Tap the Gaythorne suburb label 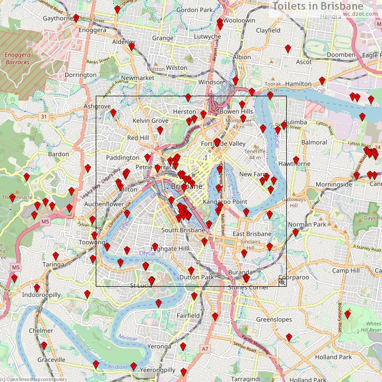point(59,18)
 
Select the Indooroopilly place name point(41,295)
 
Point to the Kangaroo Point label point(225,202)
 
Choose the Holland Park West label point(307,379)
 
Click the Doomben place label point(341,55)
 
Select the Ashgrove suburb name point(97,106)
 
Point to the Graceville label point(51,359)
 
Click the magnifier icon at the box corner point(282,282)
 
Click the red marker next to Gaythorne point(76,18)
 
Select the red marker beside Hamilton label point(322,80)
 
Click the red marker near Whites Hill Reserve point(347,315)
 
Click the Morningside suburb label point(334,184)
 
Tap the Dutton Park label point(197,277)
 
